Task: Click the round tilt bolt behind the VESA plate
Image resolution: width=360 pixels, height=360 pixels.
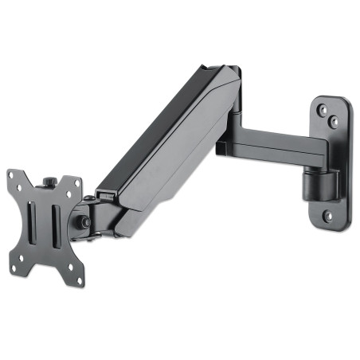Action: pos(80,221)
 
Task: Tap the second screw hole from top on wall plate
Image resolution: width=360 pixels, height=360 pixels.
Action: pos(334,122)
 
